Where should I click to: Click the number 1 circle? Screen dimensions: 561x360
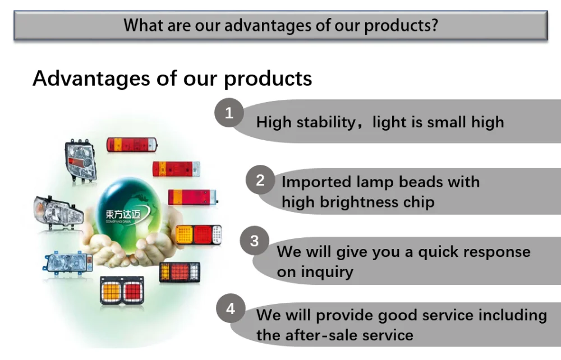tap(229, 113)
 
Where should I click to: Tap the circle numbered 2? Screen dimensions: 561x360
tap(260, 180)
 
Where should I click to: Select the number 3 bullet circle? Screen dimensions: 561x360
tap(254, 241)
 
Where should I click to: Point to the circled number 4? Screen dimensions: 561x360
tap(231, 308)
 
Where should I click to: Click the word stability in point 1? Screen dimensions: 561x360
tap(326, 122)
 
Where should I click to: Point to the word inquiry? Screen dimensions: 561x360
tap(327, 272)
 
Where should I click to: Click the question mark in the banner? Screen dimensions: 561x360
tap(434, 25)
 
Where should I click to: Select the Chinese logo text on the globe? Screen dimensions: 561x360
tap(123, 214)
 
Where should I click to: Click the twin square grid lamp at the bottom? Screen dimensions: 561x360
tap(122, 290)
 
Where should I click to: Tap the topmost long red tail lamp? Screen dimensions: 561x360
tap(132, 145)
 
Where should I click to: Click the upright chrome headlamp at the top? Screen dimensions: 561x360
tap(80, 160)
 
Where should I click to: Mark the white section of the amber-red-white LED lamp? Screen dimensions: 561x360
tap(217, 235)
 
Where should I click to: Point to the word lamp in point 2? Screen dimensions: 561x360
tap(375, 182)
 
